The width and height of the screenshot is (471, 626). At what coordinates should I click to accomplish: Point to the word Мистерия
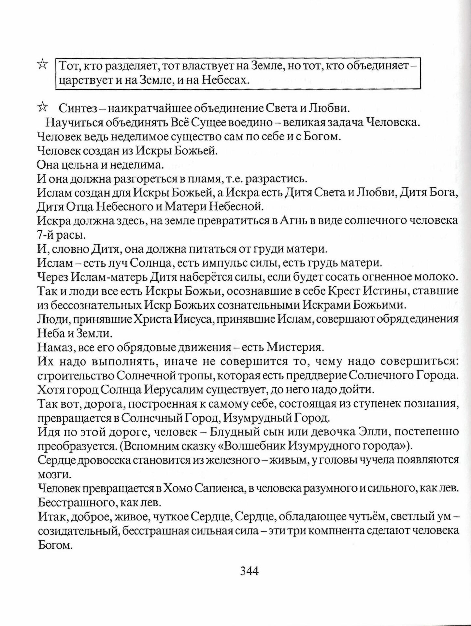coord(294,348)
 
